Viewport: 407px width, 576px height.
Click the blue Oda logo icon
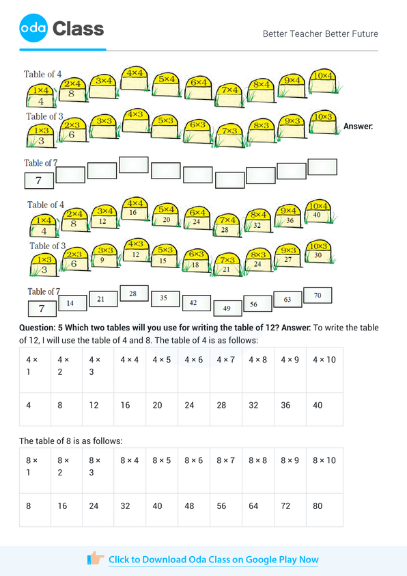33,28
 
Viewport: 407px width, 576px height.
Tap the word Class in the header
78,29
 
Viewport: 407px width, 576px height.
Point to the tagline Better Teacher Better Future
320,34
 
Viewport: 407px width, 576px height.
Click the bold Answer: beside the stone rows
358,126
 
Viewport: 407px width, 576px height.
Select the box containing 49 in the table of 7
227,308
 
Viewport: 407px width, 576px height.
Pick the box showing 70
318,296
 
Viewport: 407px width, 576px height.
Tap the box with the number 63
287,300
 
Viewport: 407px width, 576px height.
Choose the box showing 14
70,302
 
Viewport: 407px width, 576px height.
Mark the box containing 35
164,298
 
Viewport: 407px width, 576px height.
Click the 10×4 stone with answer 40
318,211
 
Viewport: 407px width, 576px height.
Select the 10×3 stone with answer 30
318,252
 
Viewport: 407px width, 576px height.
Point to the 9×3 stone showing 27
288,256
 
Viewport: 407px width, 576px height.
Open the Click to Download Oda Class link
213,560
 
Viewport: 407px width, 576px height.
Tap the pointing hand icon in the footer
96,559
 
